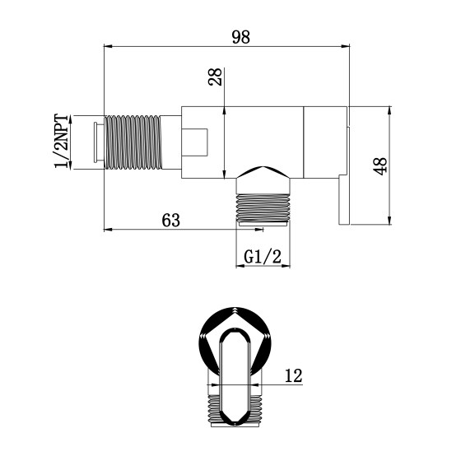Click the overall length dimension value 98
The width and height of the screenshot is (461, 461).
pyautogui.click(x=240, y=36)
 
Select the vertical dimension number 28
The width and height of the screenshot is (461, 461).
pyautogui.click(x=217, y=78)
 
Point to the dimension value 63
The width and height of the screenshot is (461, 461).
pyautogui.click(x=171, y=219)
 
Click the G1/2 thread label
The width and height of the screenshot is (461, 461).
pyautogui.click(x=263, y=257)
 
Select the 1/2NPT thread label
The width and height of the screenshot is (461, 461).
pyautogui.click(x=62, y=142)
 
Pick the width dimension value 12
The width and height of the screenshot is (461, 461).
pyautogui.click(x=293, y=376)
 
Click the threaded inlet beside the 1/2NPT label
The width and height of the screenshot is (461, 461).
pyautogui.click(x=136, y=142)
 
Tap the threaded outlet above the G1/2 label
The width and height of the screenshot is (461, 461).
pyautogui.click(x=263, y=207)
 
